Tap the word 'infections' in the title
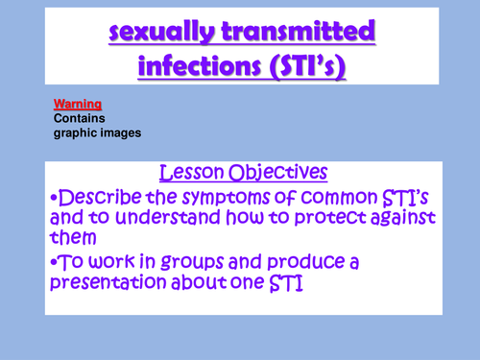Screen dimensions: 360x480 pos(195,68)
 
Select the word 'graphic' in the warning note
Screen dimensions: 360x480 pos(75,132)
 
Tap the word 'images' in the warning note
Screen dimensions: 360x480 pos(120,132)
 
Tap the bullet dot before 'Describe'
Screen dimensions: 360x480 pos(53,197)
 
